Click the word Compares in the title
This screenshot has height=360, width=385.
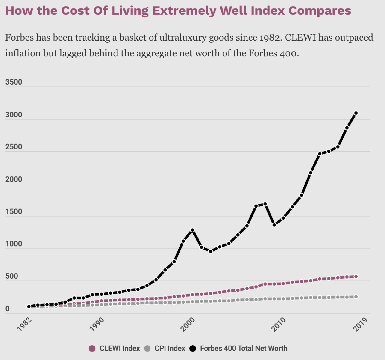[320, 11]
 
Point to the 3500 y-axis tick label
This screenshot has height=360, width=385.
[14, 82]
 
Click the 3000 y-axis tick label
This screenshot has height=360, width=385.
[14, 115]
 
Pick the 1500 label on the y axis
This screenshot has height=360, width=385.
[14, 211]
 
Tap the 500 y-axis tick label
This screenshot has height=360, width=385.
[12, 276]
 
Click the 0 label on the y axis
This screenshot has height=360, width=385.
[8, 309]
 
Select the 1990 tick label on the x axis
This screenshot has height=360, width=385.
[97, 324]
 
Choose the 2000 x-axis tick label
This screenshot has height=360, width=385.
[188, 324]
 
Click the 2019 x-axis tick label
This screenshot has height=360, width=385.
[361, 324]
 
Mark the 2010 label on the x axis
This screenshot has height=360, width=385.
[278, 324]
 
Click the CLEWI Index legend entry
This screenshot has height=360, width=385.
[114, 349]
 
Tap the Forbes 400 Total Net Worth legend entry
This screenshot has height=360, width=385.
[238, 349]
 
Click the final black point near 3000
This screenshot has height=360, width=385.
[356, 113]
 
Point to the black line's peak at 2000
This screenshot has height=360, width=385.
[192, 230]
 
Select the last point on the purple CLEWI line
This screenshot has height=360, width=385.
[356, 277]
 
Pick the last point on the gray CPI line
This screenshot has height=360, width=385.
[356, 297]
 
